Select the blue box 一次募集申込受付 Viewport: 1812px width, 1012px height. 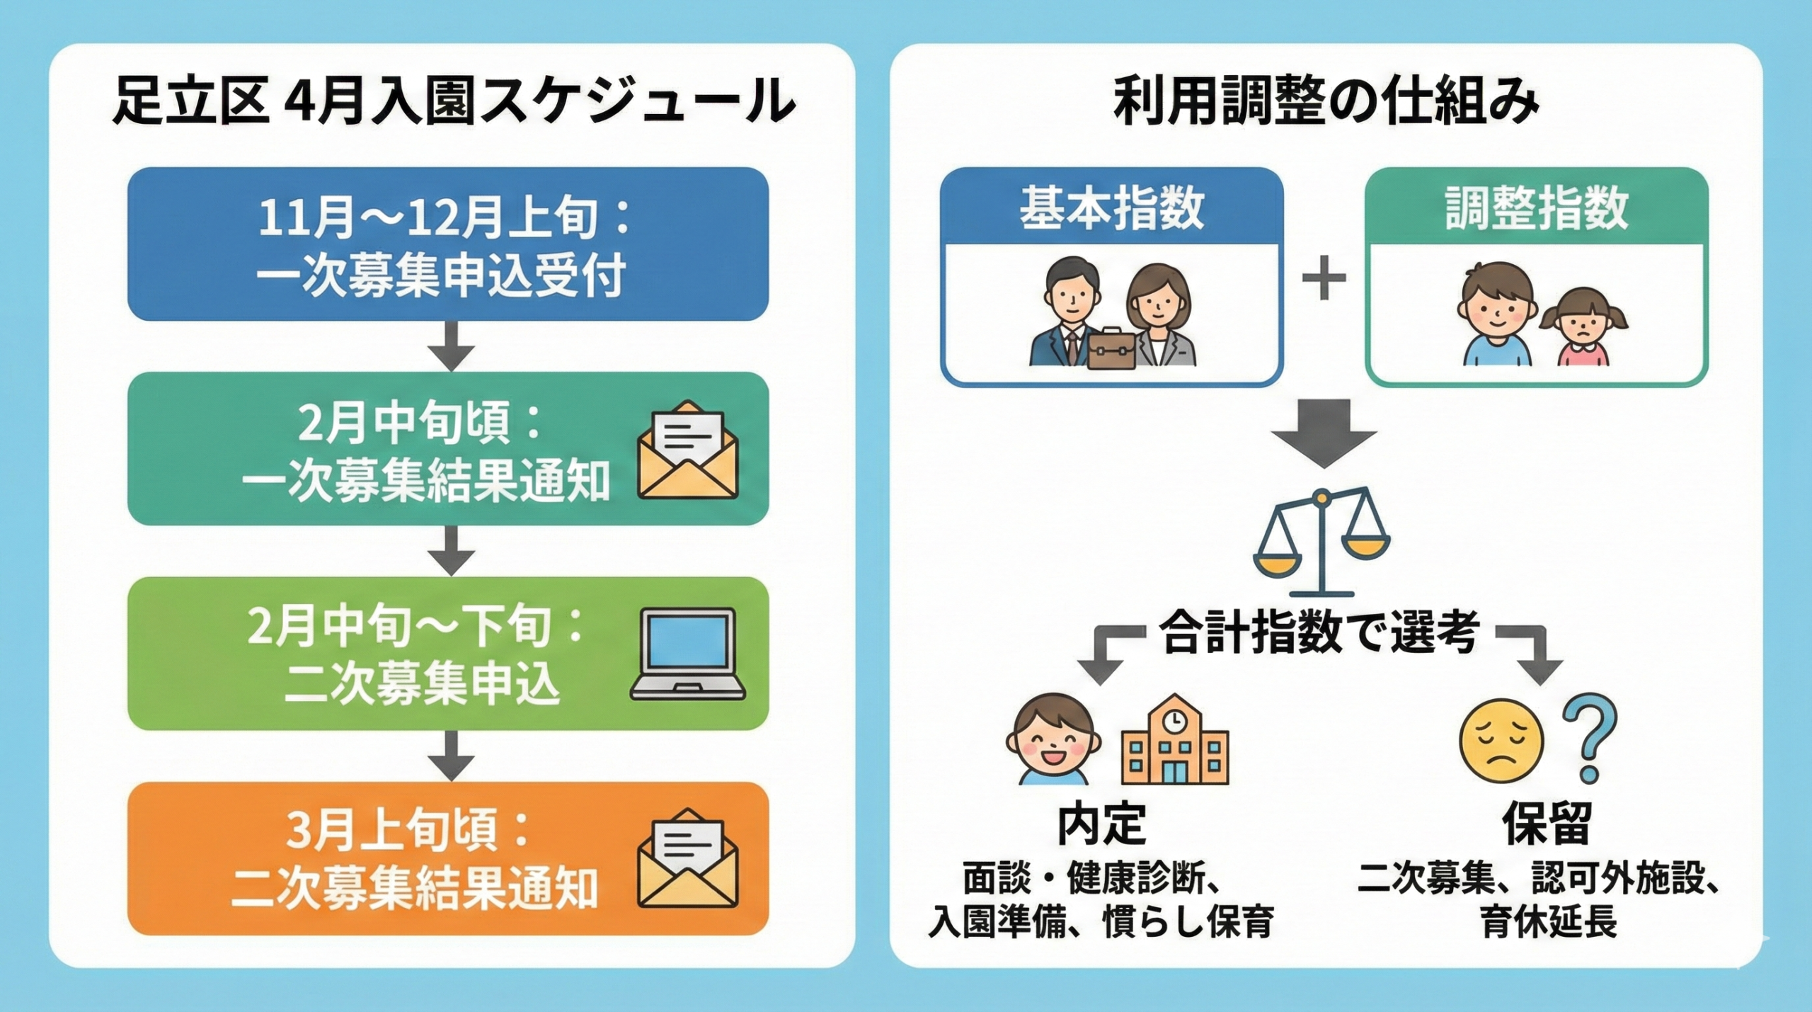tap(447, 244)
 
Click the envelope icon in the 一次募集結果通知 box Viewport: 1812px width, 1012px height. tap(687, 450)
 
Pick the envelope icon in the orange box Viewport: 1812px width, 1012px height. tap(687, 858)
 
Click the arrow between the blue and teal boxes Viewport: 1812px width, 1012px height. tap(452, 346)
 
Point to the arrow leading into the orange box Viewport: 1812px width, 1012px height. tap(452, 756)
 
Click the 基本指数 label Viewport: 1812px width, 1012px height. tap(1111, 208)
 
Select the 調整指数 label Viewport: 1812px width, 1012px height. tap(1537, 208)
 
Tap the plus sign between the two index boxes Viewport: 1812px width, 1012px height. tap(1324, 278)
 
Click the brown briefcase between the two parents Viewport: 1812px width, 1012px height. tap(1111, 349)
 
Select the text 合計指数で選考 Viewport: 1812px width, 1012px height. tap(1321, 632)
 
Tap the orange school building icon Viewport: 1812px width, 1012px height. tap(1175, 740)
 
